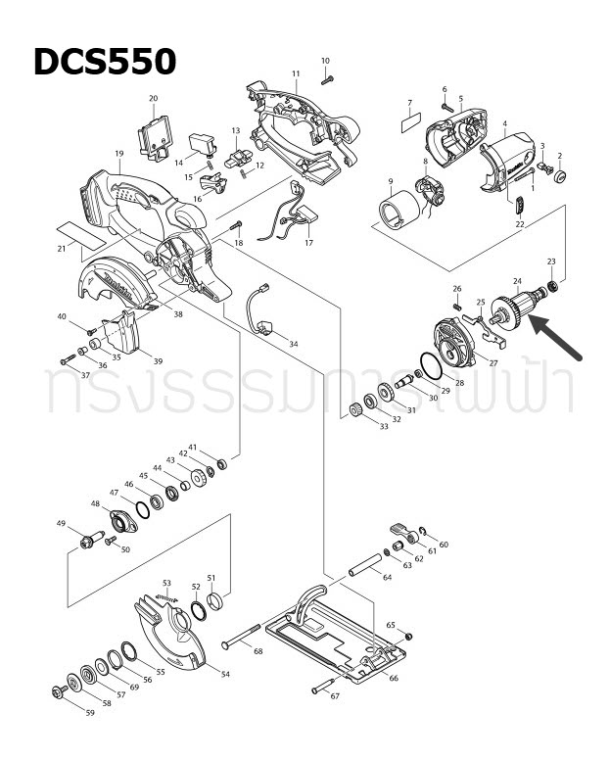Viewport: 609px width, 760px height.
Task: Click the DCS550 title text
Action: (x=105, y=62)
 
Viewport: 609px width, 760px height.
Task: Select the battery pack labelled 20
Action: (x=155, y=133)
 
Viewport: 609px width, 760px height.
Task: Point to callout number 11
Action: (x=295, y=74)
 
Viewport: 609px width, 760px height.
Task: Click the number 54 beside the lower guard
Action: (x=224, y=675)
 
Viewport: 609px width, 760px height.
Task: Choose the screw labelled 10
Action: (x=326, y=80)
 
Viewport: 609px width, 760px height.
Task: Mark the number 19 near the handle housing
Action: (x=118, y=154)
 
